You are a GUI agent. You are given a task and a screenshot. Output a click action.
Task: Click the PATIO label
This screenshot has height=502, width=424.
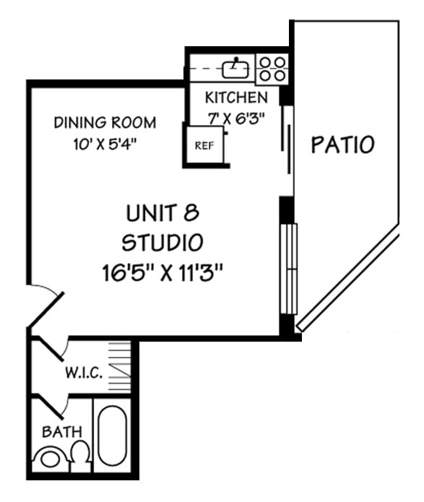[x=342, y=144]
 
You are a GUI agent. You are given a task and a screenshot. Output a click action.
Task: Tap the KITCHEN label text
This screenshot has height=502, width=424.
[x=236, y=98]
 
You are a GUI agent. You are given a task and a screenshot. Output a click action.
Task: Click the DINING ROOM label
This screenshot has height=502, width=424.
[x=105, y=122]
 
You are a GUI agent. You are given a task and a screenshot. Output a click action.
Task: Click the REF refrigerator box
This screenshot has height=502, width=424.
[x=204, y=144]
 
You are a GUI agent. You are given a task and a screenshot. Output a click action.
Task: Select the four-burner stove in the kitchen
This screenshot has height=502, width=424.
[x=272, y=68]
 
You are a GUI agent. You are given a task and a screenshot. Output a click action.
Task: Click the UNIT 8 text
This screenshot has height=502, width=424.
[x=162, y=213]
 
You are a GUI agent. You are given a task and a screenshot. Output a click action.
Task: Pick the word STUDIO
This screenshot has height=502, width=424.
[x=162, y=241]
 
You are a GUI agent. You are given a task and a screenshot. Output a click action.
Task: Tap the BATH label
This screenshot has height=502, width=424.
[x=62, y=432]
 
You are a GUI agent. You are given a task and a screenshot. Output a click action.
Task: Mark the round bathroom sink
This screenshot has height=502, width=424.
[x=51, y=459]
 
